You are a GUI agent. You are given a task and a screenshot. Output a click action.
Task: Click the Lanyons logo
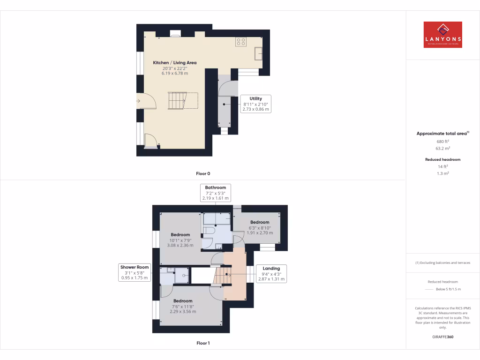[x=442, y=35]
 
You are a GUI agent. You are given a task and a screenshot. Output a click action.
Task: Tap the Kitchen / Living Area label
[x=175, y=63]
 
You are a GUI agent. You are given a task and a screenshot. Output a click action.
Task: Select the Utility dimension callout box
[x=255, y=104]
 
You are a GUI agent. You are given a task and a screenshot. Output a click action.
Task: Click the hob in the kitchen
[x=241, y=42]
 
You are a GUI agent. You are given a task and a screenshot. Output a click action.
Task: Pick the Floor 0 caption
[x=203, y=174]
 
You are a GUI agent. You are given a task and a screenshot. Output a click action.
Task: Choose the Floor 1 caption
[x=203, y=343]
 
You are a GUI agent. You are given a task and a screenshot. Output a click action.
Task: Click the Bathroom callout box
[x=215, y=193]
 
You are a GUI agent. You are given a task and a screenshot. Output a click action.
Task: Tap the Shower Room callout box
[x=134, y=272]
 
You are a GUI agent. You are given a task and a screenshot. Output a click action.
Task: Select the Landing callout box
[x=271, y=274]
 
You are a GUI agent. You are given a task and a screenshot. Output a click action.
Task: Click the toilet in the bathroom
[x=210, y=231]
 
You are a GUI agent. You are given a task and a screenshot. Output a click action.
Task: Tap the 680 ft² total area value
[x=442, y=141]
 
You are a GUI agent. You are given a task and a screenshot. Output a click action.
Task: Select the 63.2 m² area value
[x=442, y=148]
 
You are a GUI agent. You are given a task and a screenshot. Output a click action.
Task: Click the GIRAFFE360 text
[x=442, y=337]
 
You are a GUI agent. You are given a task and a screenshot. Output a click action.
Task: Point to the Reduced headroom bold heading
[x=442, y=160]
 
